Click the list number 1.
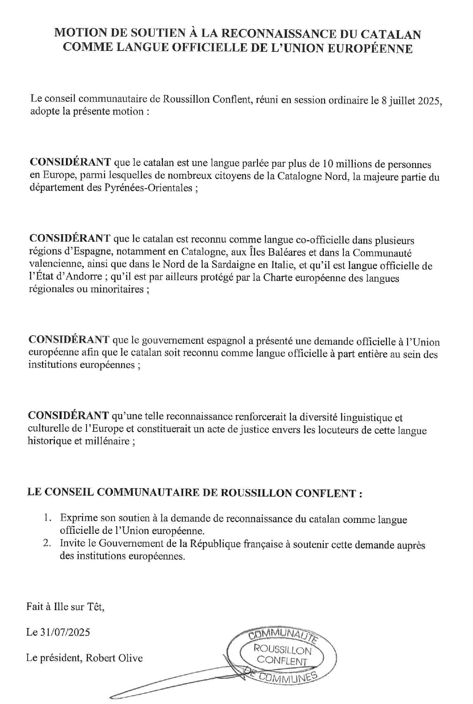[x=47, y=518]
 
